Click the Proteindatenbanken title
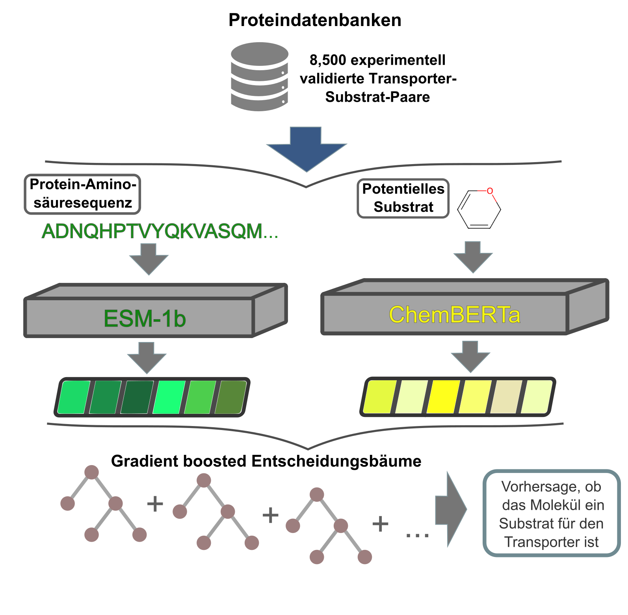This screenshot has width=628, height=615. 314,20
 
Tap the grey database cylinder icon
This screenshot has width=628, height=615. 259,77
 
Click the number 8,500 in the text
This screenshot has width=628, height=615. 327,60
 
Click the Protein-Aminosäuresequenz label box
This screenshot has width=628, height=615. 83,194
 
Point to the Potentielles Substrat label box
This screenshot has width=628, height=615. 403,198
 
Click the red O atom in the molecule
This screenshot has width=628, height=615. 490,191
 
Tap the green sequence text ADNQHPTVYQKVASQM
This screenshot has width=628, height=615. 160,231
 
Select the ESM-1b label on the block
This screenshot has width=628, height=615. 144,318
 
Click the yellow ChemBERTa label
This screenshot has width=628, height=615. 454,315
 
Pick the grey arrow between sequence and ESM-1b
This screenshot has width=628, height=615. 149,259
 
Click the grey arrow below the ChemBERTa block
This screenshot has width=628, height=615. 470,356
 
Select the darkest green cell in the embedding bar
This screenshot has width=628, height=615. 137,397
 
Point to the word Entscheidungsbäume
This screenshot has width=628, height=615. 336,461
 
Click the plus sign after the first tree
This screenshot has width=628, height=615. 155,504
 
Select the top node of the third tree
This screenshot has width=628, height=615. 317,494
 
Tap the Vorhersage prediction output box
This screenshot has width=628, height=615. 551,514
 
